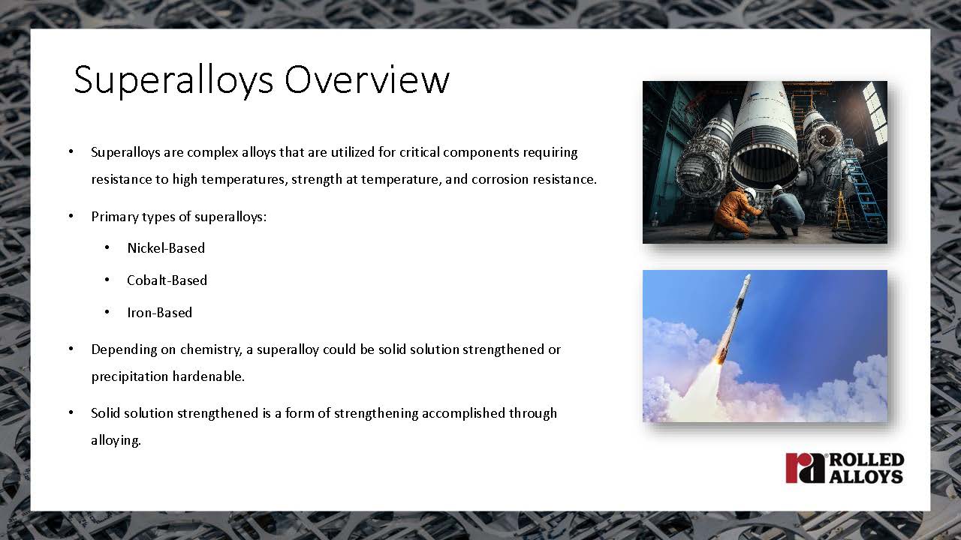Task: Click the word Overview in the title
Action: (367, 79)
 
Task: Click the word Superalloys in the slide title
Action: (173, 82)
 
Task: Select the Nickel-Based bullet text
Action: (166, 248)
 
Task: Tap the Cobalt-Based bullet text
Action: (167, 280)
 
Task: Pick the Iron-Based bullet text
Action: (160, 313)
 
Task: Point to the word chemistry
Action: (211, 350)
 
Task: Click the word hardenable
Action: (209, 376)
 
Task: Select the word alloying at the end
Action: (116, 441)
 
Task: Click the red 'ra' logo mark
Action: (806, 467)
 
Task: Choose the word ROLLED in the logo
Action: (867, 460)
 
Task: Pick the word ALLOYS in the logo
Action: (866, 476)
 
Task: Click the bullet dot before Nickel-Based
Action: (107, 247)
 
